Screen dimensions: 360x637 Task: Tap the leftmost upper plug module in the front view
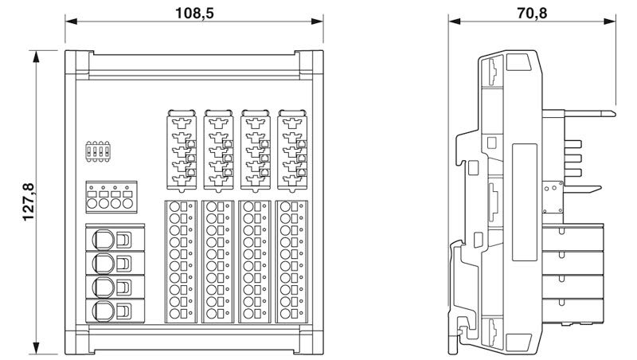(182, 150)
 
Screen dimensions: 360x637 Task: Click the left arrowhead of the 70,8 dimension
(451, 23)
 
